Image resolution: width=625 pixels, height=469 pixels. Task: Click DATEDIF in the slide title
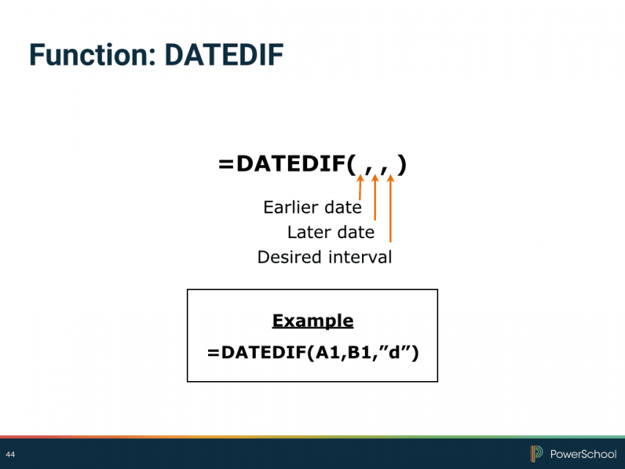pyautogui.click(x=224, y=55)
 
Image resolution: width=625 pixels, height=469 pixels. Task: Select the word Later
pyautogui.click(x=305, y=232)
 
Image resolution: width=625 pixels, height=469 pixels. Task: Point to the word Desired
pyautogui.click(x=289, y=256)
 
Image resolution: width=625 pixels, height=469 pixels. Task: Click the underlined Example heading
pyautogui.click(x=313, y=321)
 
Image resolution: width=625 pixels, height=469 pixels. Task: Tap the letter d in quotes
pyautogui.click(x=394, y=352)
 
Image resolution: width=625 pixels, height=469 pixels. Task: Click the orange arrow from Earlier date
pyautogui.click(x=360, y=187)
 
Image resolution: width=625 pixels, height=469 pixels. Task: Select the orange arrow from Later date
pyautogui.click(x=374, y=197)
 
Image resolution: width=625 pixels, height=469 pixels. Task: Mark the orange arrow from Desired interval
pyautogui.click(x=391, y=208)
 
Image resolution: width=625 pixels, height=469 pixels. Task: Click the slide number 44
pyautogui.click(x=10, y=454)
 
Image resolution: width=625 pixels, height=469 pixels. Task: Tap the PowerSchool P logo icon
pyautogui.click(x=536, y=454)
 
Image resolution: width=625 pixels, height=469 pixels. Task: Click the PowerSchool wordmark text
pyautogui.click(x=583, y=454)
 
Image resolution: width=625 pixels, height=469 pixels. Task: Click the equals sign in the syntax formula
pyautogui.click(x=226, y=164)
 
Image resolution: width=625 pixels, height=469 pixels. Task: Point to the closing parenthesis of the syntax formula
pyautogui.click(x=402, y=164)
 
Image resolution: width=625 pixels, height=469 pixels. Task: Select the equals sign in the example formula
pyautogui.click(x=213, y=353)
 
